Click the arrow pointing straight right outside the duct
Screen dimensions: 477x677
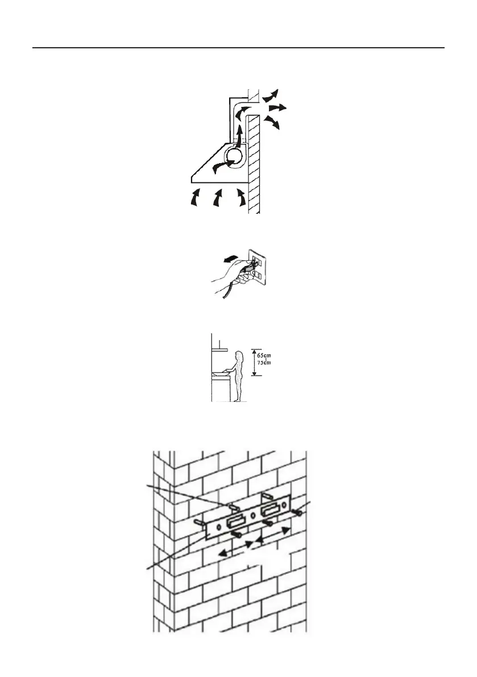pos(277,107)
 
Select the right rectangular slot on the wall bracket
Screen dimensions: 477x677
pos(268,511)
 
